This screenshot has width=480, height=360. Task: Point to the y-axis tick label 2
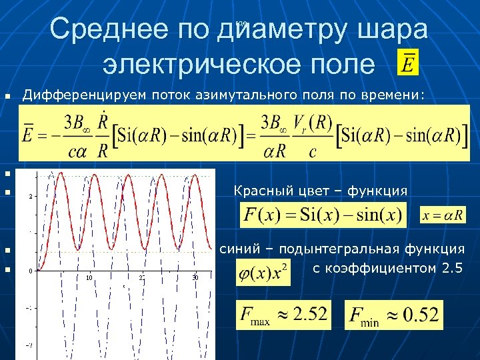coord(30,196)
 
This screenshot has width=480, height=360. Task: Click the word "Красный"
coord(260,192)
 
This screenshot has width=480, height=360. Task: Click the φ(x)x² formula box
coord(263,273)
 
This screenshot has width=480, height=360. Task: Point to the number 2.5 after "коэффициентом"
coord(450,269)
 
